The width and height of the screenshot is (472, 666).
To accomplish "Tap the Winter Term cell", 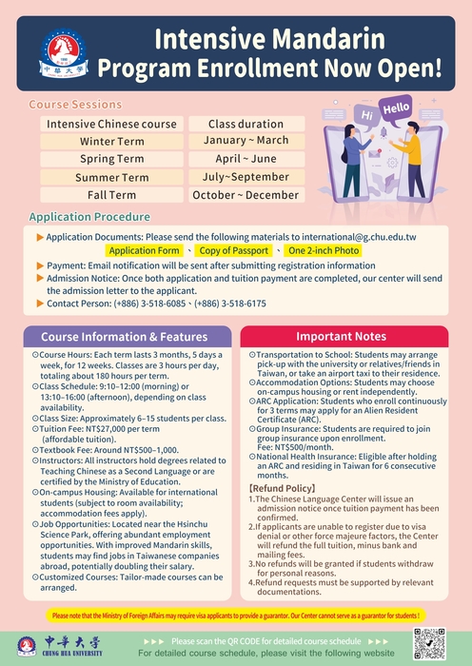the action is pos(112,142).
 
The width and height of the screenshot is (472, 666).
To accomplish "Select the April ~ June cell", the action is pos(246,159).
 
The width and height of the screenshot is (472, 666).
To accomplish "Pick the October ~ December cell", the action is pos(246,195).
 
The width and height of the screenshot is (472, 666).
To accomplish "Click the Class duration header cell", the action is pos(246,124).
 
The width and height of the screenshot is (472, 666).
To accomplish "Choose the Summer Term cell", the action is pos(112,177).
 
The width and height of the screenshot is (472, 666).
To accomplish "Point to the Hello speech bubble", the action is pos(396,109).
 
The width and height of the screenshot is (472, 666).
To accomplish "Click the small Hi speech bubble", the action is pos(367,117).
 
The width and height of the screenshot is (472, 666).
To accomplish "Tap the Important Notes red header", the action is pos(340,337).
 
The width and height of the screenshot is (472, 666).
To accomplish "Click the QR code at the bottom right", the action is pos(430,644).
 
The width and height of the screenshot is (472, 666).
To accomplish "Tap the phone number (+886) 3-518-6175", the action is pos(232,304).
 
